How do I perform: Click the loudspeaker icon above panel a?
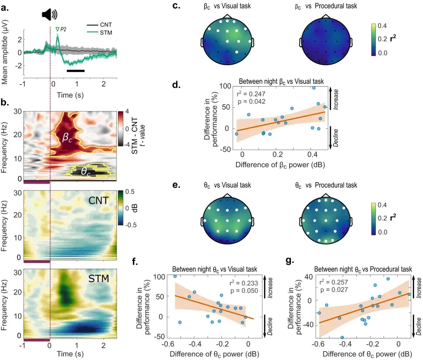(49, 15)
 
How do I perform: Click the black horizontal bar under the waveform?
(76, 71)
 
